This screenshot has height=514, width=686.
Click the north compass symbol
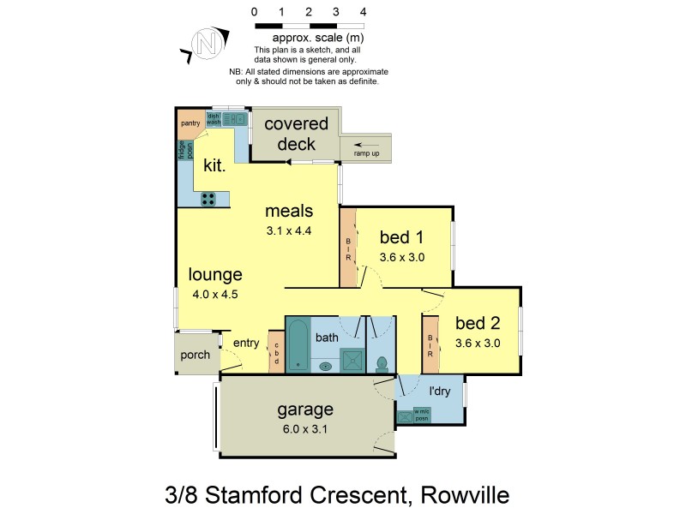coord(204,42)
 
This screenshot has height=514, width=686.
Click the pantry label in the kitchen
coord(190,123)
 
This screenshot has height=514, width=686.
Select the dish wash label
coord(214,121)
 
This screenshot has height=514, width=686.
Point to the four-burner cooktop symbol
coord(208,198)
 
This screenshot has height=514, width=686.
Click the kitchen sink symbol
coord(233,120)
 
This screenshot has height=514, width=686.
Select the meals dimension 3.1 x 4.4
coord(289,230)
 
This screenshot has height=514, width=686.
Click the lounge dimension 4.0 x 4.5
coord(216,294)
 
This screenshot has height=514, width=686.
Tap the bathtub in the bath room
coord(298,344)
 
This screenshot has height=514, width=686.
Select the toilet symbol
coord(382,361)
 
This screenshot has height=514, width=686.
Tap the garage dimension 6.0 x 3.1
coord(305,429)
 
